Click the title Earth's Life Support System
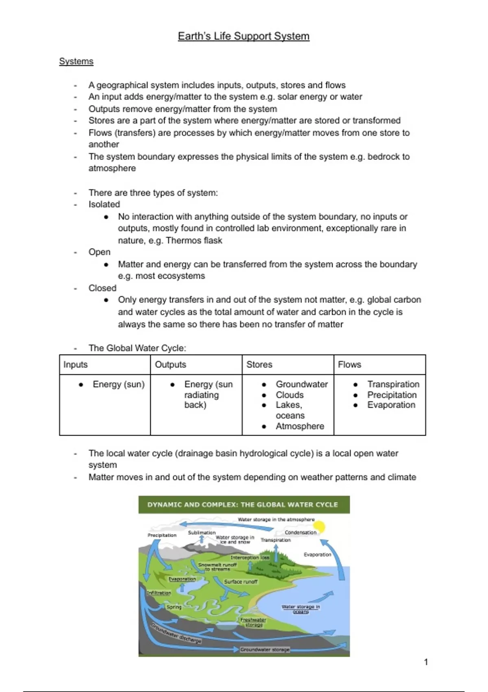click(x=244, y=36)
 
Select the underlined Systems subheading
click(x=76, y=61)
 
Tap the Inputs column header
click(x=76, y=364)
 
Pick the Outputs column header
click(x=170, y=364)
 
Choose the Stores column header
click(x=259, y=364)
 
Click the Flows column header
click(x=349, y=364)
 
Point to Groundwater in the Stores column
click(x=301, y=384)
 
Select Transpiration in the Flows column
click(x=393, y=384)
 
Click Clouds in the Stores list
click(x=290, y=395)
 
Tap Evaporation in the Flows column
click(x=391, y=405)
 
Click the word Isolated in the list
click(x=104, y=204)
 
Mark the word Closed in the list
click(x=102, y=288)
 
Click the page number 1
click(x=426, y=662)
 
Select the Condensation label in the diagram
click(x=301, y=532)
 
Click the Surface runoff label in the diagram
click(x=241, y=582)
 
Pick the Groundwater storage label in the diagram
click(x=265, y=650)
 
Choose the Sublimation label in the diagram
click(x=202, y=532)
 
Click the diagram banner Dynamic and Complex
click(x=243, y=505)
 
